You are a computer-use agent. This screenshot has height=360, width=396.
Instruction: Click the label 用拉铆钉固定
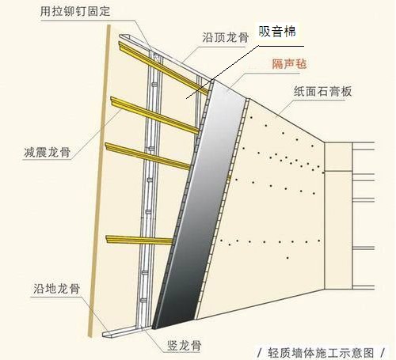tap(75, 11)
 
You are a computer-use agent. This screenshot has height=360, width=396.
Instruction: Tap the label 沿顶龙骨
tap(226, 37)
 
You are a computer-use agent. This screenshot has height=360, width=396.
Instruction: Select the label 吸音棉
tap(277, 32)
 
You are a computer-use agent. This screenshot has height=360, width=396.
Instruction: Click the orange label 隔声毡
tap(289, 64)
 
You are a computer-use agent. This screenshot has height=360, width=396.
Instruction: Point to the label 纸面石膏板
tap(322, 92)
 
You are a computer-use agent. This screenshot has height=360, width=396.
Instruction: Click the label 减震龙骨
tap(48, 152)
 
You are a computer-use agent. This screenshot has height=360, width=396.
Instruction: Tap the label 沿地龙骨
tap(56, 289)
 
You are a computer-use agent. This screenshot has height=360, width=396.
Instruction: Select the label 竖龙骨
tap(185, 346)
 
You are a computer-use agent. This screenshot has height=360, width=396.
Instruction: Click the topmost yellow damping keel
tap(163, 68)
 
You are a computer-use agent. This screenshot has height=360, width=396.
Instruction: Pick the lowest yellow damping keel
tap(139, 240)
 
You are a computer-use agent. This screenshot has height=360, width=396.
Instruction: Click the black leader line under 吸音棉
tap(245, 72)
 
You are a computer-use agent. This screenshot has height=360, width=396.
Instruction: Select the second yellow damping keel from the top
tap(155, 116)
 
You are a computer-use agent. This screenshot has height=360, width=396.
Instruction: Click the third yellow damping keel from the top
tap(147, 156)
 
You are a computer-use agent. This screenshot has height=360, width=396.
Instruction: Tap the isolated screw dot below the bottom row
tap(287, 258)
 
